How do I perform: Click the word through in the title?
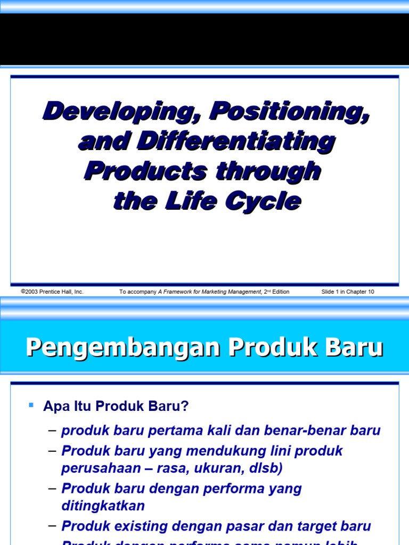click(x=268, y=171)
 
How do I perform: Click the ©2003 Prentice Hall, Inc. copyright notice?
click(x=52, y=292)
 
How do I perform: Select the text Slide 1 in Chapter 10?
click(x=348, y=292)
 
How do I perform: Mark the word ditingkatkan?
click(x=103, y=505)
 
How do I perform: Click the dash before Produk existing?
click(x=52, y=526)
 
